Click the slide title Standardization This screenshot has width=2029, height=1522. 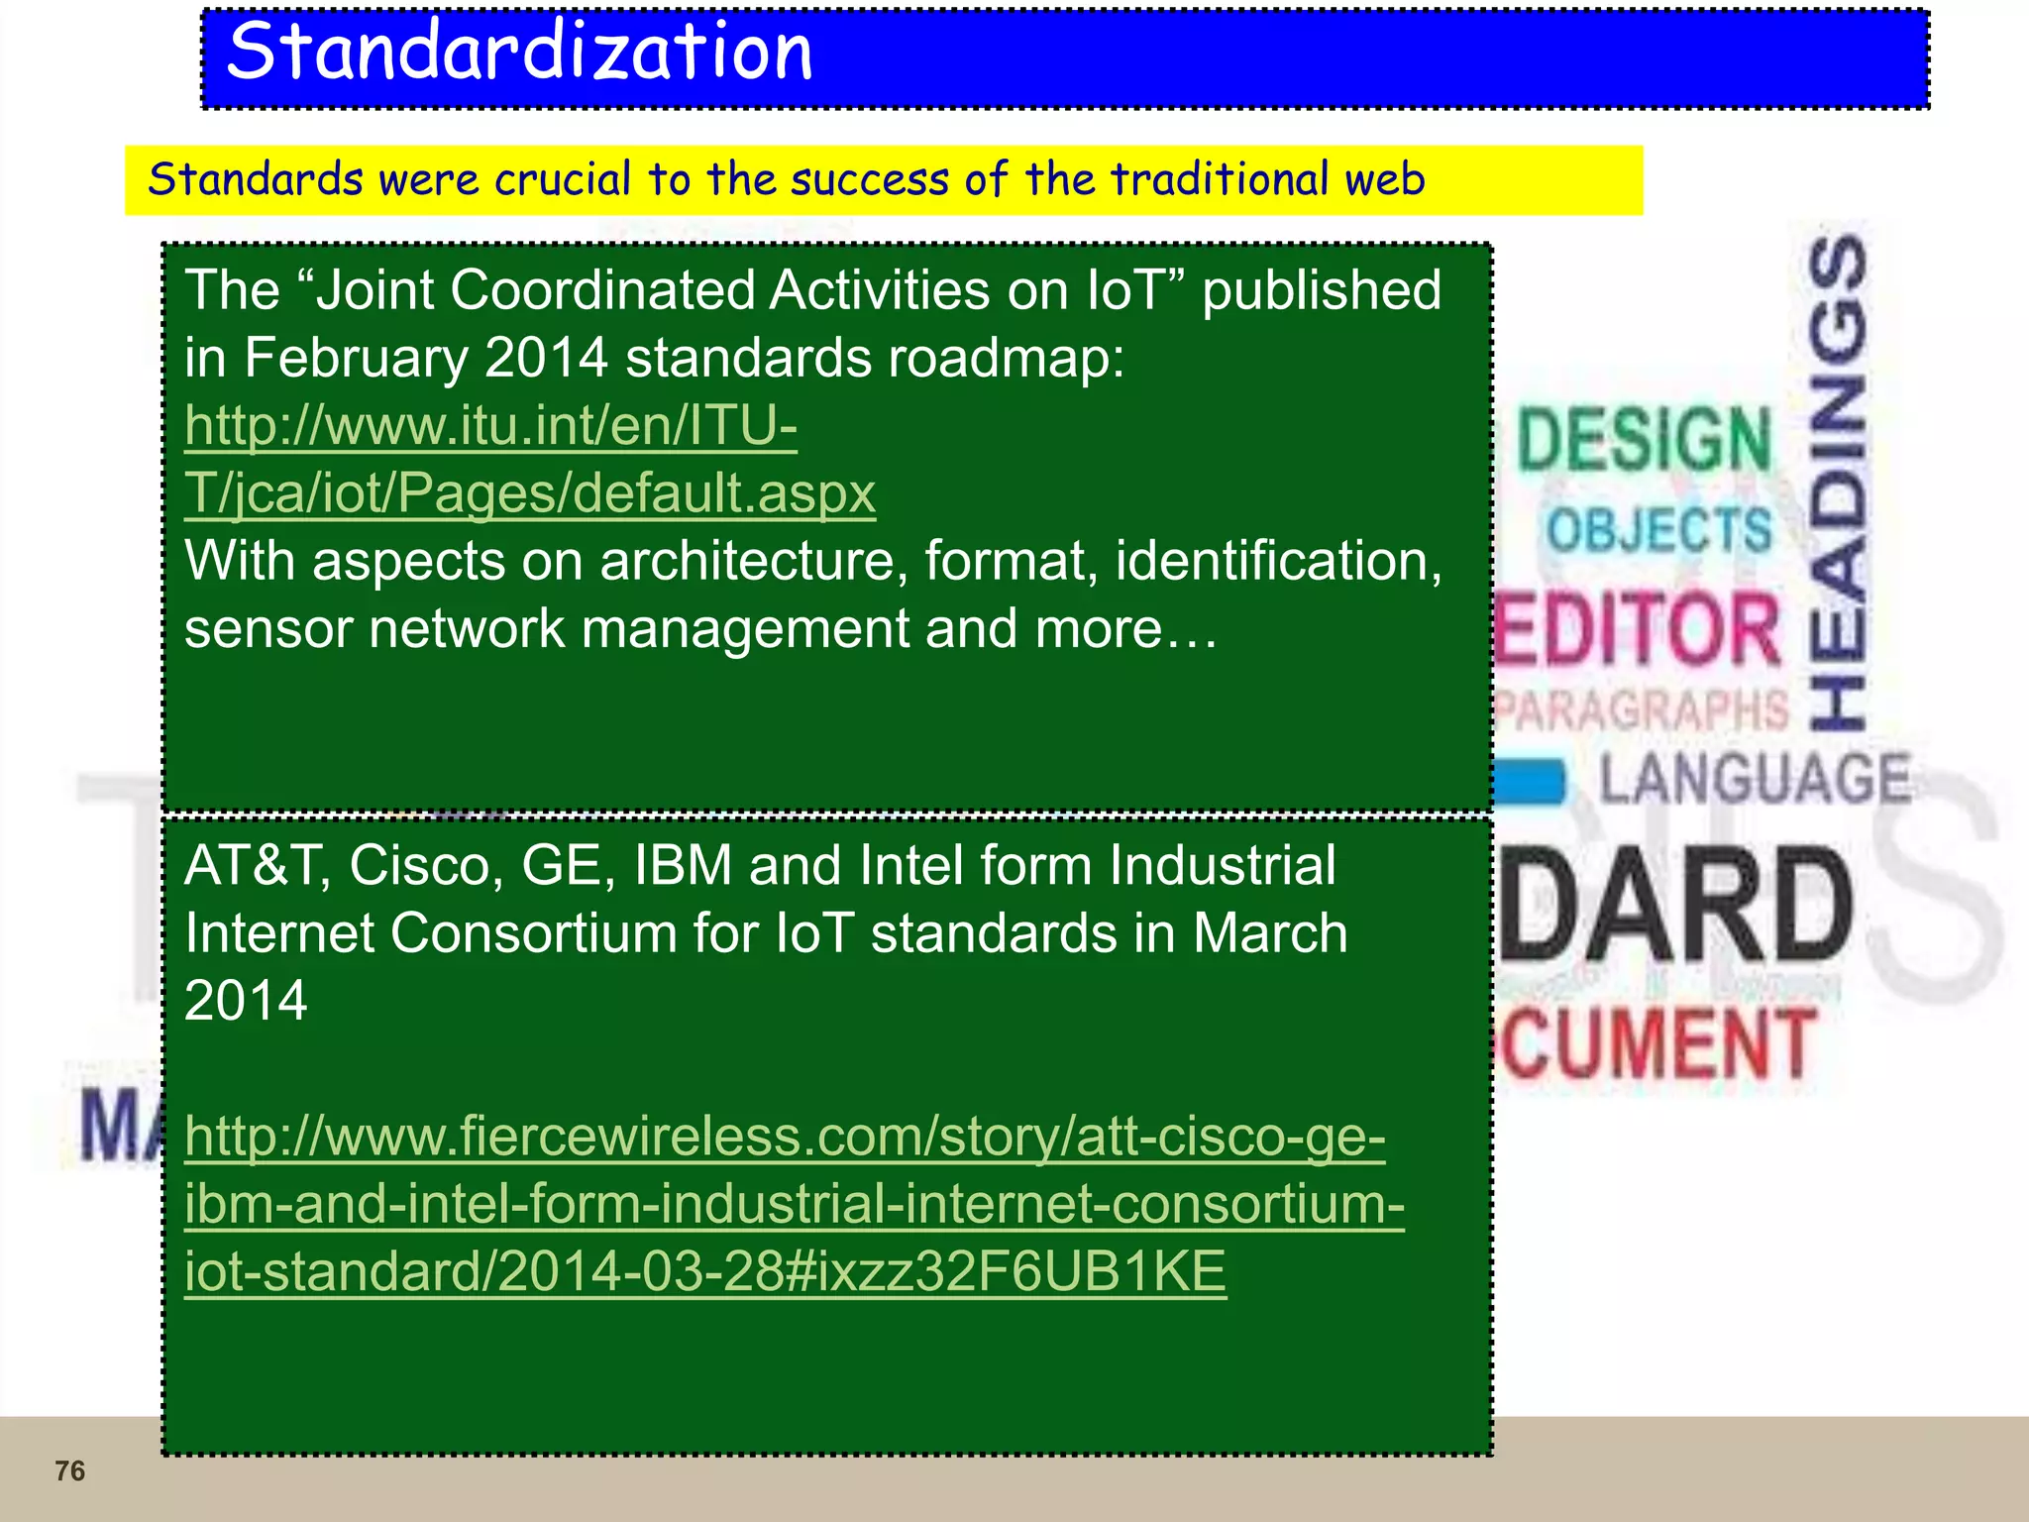[x=519, y=52]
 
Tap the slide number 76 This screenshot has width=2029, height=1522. [x=69, y=1470]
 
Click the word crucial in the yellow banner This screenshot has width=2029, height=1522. [x=562, y=179]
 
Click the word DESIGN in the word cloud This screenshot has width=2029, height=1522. [x=1645, y=439]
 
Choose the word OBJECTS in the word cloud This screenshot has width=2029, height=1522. [x=1659, y=529]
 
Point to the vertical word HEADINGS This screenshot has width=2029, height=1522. [x=1839, y=484]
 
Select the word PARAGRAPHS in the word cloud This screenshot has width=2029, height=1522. [x=1641, y=709]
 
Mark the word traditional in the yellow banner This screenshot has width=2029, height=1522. [x=1220, y=179]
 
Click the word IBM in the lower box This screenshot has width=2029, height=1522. [x=683, y=866]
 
